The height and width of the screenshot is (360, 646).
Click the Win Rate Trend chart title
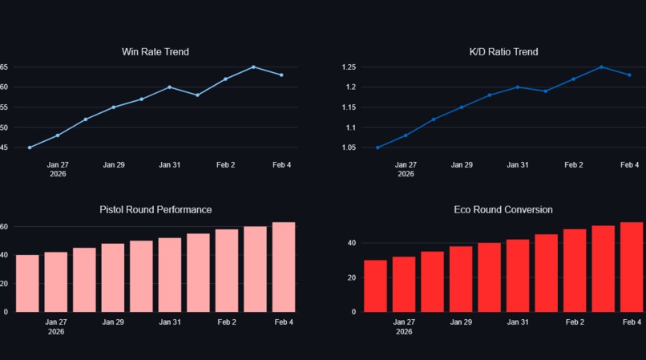click(x=155, y=52)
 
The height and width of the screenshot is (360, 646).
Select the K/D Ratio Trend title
click(x=503, y=52)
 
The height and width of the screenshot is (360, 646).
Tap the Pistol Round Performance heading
click(x=155, y=209)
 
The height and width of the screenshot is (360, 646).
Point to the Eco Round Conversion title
click(x=503, y=209)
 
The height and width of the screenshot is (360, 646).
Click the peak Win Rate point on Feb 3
click(x=253, y=67)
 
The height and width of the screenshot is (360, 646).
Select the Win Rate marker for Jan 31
click(x=169, y=87)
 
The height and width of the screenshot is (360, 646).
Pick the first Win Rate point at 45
click(x=30, y=148)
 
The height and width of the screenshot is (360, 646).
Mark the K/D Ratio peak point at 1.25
click(x=601, y=67)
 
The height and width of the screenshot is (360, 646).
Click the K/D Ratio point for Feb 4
click(x=629, y=75)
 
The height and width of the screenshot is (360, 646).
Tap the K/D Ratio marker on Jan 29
click(x=462, y=107)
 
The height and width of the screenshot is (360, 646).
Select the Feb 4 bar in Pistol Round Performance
click(x=284, y=267)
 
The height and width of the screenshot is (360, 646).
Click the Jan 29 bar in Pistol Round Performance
click(x=113, y=277)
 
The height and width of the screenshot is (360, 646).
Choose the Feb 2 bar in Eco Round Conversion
click(x=575, y=270)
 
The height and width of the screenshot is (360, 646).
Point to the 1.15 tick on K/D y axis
click(x=349, y=107)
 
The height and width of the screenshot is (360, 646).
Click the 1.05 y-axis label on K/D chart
click(x=349, y=148)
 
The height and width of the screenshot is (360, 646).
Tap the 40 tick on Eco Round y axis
click(x=351, y=243)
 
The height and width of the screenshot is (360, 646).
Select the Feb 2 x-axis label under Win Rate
click(x=226, y=164)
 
